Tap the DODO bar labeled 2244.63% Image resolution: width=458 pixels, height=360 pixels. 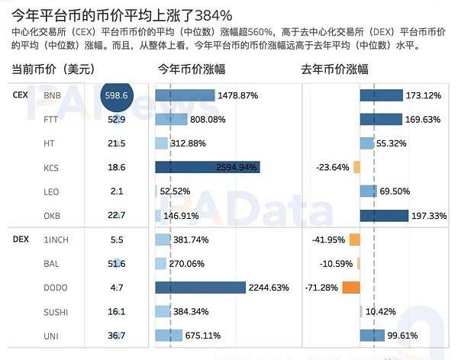200,288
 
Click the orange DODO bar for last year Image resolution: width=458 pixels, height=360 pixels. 351,288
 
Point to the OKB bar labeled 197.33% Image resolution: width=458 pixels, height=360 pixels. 385,216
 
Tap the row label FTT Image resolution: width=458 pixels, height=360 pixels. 51,120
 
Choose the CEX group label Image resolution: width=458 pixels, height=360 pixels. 21,95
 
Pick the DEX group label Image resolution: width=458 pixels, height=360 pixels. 21,239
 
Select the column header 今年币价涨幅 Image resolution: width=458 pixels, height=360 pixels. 191,69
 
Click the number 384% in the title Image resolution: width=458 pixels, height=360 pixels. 212,14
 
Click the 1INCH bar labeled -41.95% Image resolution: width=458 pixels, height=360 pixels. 354,239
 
